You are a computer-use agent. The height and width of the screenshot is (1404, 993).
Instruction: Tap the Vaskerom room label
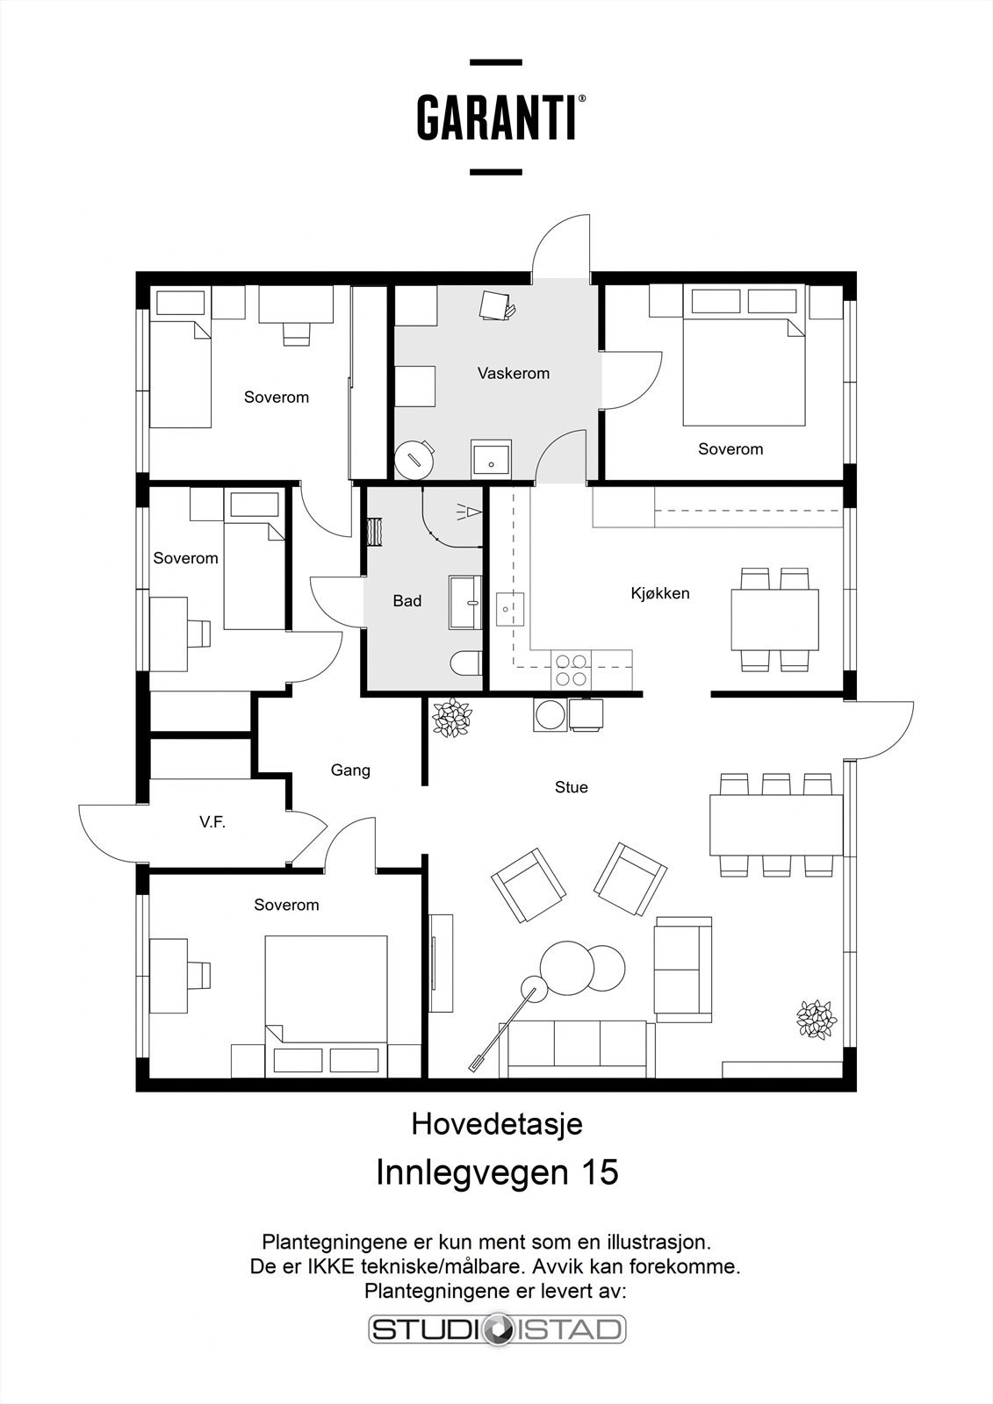(x=513, y=374)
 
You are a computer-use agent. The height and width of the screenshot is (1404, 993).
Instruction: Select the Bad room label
(x=407, y=601)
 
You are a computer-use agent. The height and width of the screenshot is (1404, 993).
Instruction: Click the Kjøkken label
(x=660, y=593)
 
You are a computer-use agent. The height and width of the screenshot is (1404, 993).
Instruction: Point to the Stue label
(x=571, y=787)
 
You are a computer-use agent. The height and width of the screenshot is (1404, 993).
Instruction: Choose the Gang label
(x=350, y=770)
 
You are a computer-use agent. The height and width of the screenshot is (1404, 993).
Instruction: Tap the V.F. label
(x=212, y=822)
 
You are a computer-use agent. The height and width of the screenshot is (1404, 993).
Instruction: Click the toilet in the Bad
(x=466, y=663)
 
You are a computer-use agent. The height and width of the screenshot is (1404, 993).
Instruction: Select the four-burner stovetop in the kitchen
(x=572, y=670)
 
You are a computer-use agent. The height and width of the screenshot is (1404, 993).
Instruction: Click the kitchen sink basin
(x=511, y=609)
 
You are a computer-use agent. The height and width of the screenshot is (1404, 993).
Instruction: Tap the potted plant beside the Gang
(x=451, y=718)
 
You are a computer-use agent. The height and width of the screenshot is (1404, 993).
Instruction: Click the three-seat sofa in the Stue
(x=577, y=1049)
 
